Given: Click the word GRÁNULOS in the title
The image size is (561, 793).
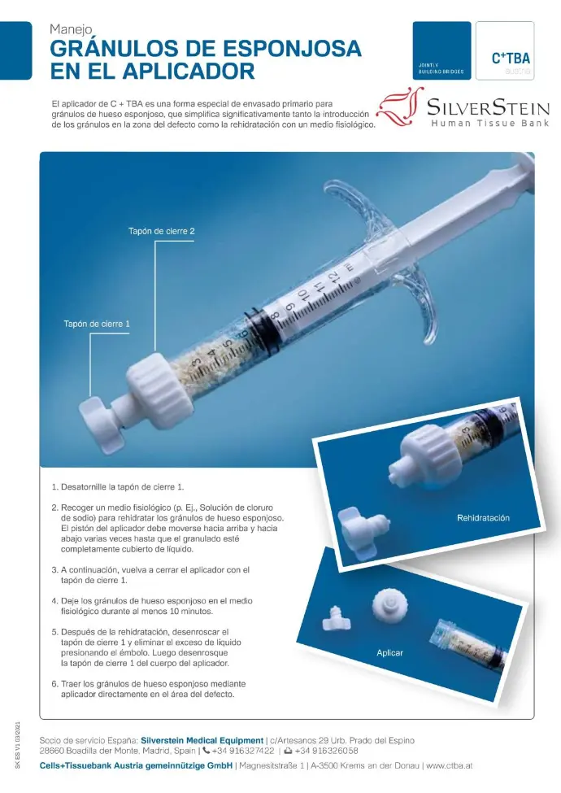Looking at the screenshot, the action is coord(120,49).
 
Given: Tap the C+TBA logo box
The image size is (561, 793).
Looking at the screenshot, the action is coord(504,50).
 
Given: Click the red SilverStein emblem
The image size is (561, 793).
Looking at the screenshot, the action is coord(400,107).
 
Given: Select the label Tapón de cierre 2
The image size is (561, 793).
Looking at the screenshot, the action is coord(161,231).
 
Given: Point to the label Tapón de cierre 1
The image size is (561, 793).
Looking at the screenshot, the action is coord(97,324).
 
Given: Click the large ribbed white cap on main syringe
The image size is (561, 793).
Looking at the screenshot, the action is coord(159,386).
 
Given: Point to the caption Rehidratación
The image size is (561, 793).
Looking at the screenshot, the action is coord(483,518).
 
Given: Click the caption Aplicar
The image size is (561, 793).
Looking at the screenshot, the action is coord(389,653).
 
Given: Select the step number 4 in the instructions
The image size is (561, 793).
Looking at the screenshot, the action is coord(54,601).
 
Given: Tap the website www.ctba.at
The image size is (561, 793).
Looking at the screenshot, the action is coord(449,765).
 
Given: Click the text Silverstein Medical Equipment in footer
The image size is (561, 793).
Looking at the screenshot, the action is coord(202,740).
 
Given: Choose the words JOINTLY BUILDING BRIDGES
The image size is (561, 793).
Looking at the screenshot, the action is coord(441,69).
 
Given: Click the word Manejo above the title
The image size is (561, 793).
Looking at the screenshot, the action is coord(71,30).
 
